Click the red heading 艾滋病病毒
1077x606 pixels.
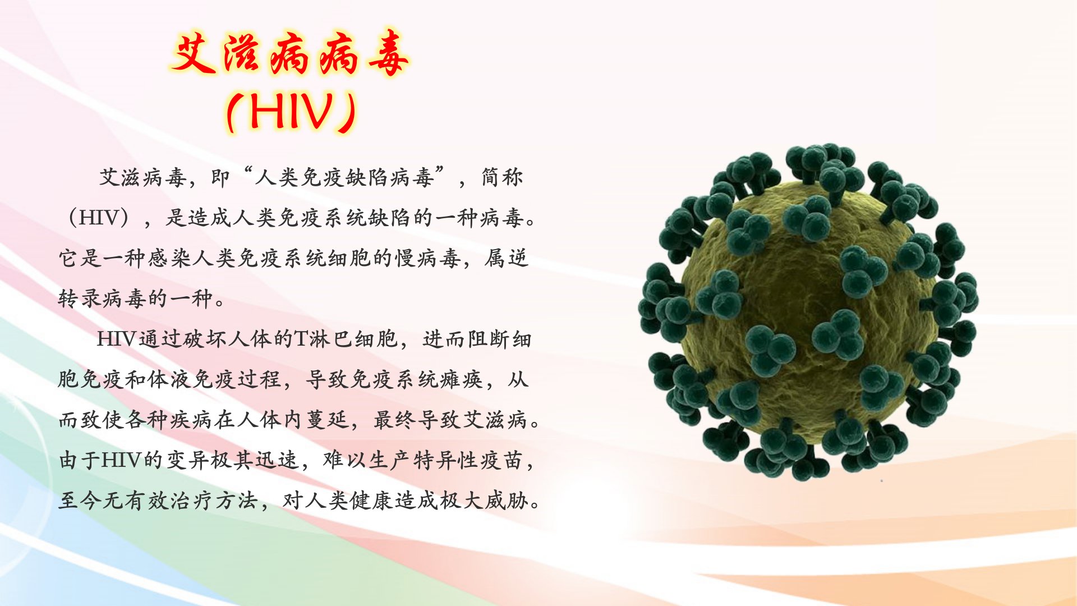290,54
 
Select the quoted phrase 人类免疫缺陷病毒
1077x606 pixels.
344,177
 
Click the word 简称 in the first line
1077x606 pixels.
502,177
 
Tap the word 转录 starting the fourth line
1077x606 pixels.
80,299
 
